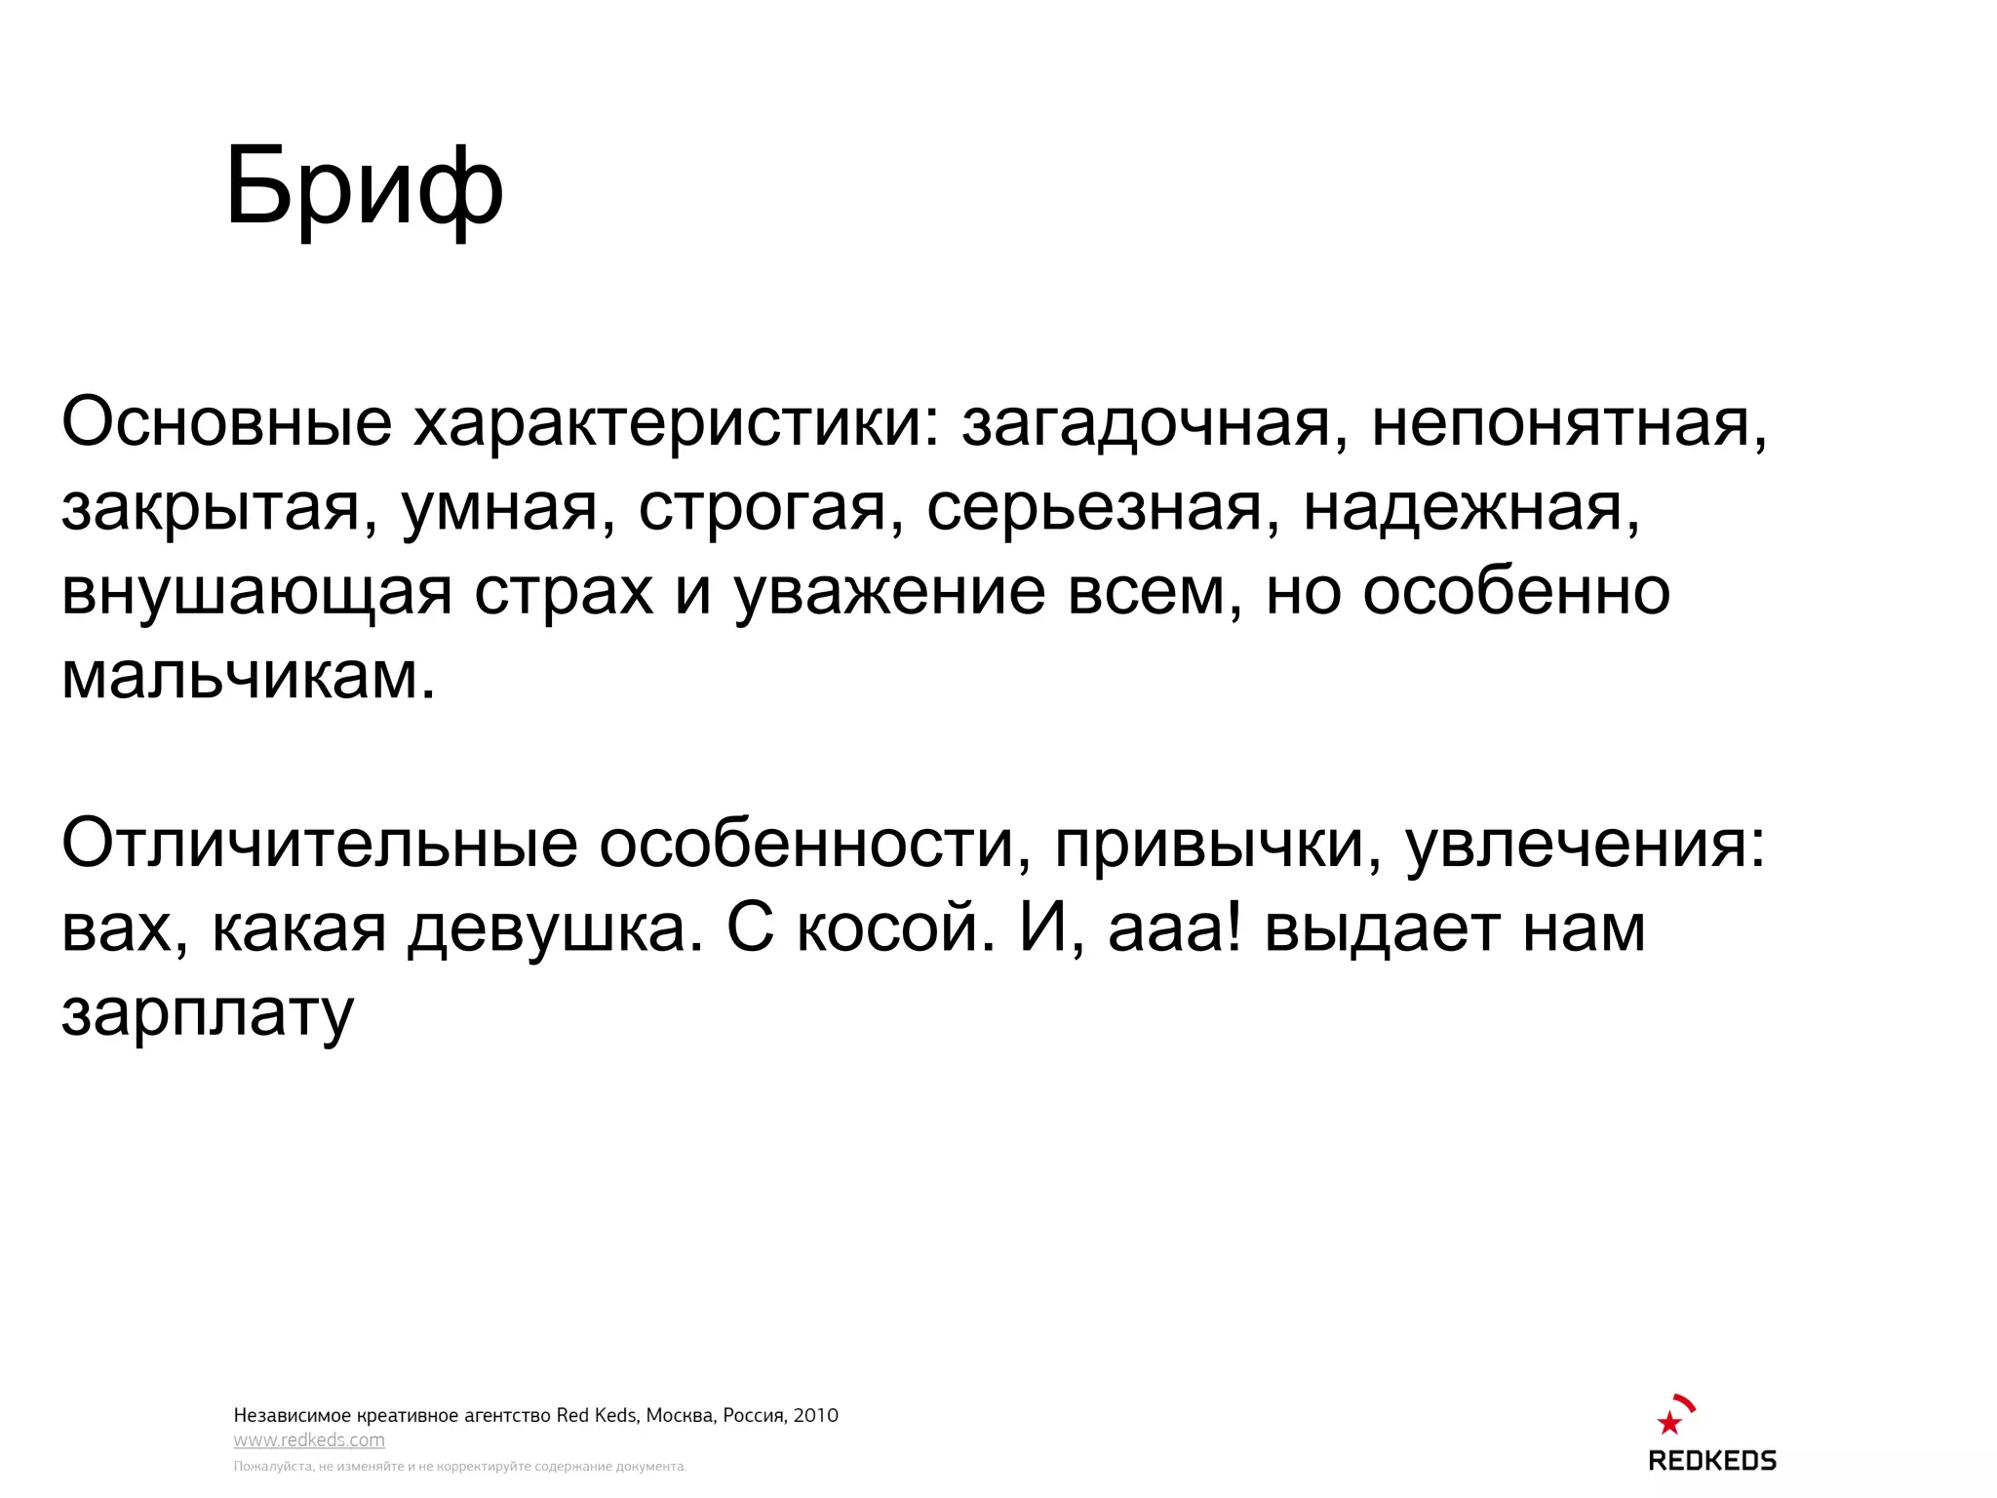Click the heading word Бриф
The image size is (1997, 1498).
coord(364,187)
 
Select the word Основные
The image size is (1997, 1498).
coord(226,422)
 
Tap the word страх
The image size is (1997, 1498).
coord(563,592)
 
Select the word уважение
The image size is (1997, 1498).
coord(889,592)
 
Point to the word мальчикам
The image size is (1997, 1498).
coord(248,675)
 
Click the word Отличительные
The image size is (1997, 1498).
coord(319,844)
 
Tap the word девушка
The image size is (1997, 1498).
coord(555,928)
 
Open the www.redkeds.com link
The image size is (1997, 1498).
coord(309,1440)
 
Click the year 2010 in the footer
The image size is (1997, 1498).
coord(815,1415)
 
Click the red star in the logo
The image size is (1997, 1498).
coord(1669,1423)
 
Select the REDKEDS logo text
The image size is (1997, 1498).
coord(1712,1461)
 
